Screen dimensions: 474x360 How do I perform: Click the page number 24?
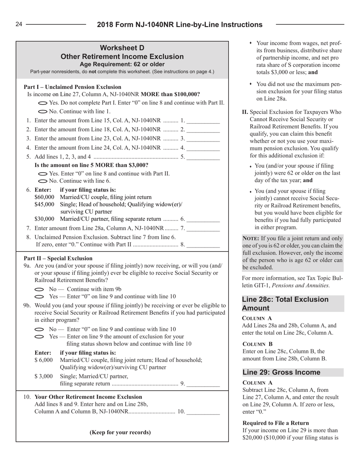(19, 25)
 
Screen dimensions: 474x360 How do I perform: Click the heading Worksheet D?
(122, 48)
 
